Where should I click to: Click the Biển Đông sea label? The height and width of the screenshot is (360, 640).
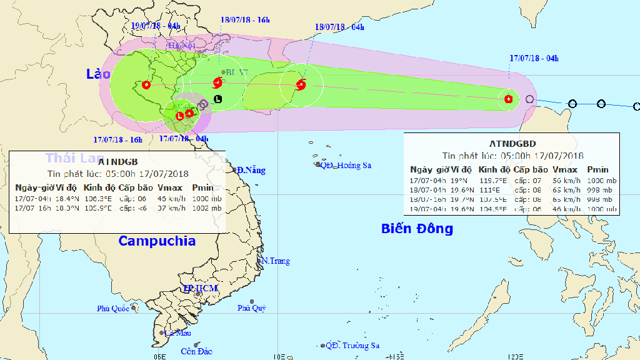pyautogui.click(x=417, y=229)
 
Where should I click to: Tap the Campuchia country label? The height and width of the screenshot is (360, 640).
pyautogui.click(x=157, y=241)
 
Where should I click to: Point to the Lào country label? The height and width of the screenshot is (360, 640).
pyautogui.click(x=98, y=74)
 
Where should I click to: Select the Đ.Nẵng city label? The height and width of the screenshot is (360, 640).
pyautogui.click(x=251, y=170)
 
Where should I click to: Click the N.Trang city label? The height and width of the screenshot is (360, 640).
pyautogui.click(x=276, y=261)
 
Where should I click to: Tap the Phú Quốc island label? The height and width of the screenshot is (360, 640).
pyautogui.click(x=112, y=308)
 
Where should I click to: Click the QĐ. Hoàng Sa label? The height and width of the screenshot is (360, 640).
pyautogui.click(x=346, y=165)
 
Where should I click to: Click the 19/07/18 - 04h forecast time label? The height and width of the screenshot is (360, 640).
pyautogui.click(x=156, y=26)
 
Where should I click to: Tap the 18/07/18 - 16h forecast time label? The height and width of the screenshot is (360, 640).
pyautogui.click(x=245, y=19)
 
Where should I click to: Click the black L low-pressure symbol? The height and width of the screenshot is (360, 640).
pyautogui.click(x=217, y=99)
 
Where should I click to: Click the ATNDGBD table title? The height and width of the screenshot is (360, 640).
pyautogui.click(x=512, y=143)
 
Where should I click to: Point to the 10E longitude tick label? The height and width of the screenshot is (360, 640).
pyautogui.click(x=279, y=356)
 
